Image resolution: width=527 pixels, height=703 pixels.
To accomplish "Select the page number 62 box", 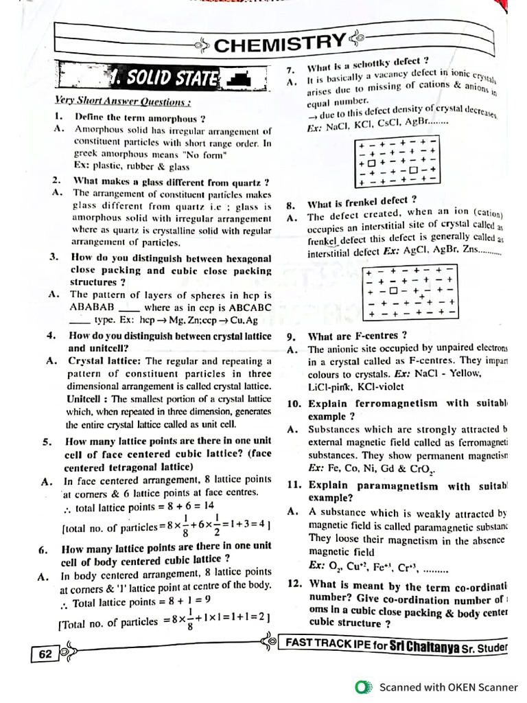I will click(x=45, y=654).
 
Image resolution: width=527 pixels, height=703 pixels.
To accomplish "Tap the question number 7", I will click(x=290, y=70).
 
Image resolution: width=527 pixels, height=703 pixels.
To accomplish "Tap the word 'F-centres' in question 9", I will click(x=377, y=336).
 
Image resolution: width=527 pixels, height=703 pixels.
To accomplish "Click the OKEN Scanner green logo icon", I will click(x=362, y=687).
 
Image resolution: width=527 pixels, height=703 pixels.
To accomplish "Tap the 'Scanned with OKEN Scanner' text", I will click(x=448, y=687).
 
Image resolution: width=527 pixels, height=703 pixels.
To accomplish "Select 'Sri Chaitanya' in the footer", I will click(x=423, y=645).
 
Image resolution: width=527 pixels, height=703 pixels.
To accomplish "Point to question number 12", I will click(x=294, y=586).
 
